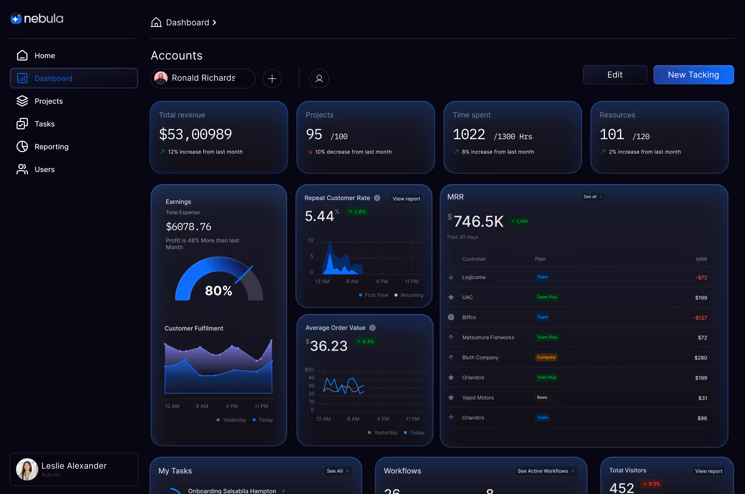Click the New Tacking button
693,75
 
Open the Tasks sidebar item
44,124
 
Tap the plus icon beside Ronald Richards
272,78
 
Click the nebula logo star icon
16,18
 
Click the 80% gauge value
218,290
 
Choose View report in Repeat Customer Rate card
406,198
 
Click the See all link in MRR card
592,197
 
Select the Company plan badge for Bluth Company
546,357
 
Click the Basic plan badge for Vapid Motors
542,397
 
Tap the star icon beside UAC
451,297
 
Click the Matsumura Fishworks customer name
488,338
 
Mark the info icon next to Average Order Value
372,328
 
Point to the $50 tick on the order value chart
309,370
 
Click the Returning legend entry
409,295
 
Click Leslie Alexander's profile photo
27,469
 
